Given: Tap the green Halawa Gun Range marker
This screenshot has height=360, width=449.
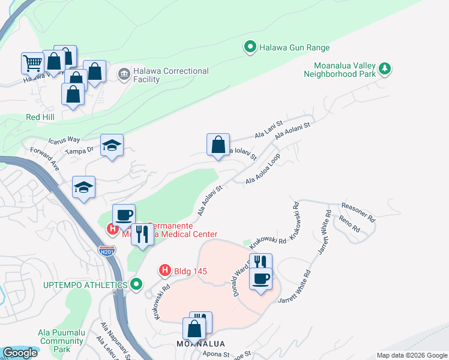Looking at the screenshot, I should tap(250, 46).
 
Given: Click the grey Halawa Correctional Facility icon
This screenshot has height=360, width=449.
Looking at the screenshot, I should tap(124, 74).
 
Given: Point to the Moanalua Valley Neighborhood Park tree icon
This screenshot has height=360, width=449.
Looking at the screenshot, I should tap(385, 70).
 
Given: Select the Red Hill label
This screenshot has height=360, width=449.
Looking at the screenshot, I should tap(41, 116).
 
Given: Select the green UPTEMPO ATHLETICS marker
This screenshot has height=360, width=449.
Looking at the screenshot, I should tap(137, 284).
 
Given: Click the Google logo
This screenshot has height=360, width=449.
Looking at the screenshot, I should tap(20, 353).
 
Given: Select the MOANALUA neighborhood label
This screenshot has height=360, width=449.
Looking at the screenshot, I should tap(200, 344).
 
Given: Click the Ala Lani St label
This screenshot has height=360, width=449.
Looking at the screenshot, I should tap(268, 131).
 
